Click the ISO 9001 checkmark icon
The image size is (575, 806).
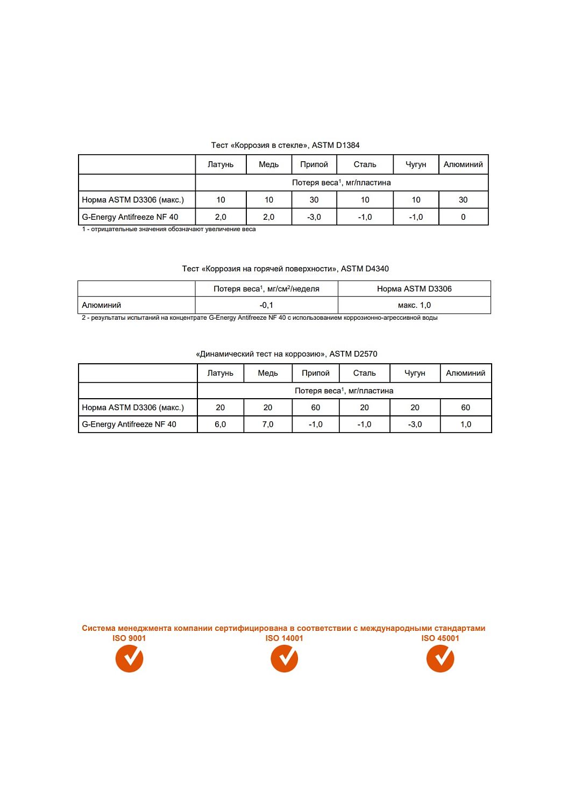129,658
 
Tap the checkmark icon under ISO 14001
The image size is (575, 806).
284,658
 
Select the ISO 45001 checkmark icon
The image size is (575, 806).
440,658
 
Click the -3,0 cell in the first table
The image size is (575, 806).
314,217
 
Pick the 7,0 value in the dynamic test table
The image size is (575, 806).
268,424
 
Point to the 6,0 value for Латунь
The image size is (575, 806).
221,424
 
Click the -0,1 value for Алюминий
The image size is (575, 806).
266,305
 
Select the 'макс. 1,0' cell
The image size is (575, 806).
414,305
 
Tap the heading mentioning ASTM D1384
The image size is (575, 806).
285,145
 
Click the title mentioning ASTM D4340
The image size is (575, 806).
285,269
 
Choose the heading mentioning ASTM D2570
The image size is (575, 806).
286,354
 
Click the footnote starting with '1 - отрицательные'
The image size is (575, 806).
168,229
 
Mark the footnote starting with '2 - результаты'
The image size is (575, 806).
259,318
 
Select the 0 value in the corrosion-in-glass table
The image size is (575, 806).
463,217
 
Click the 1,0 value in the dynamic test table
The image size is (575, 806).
466,424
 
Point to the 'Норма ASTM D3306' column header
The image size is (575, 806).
414,289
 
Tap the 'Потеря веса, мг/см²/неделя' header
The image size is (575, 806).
266,289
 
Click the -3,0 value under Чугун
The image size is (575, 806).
415,424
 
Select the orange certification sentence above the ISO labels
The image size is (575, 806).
283,628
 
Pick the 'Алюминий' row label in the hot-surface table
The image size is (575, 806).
102,305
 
